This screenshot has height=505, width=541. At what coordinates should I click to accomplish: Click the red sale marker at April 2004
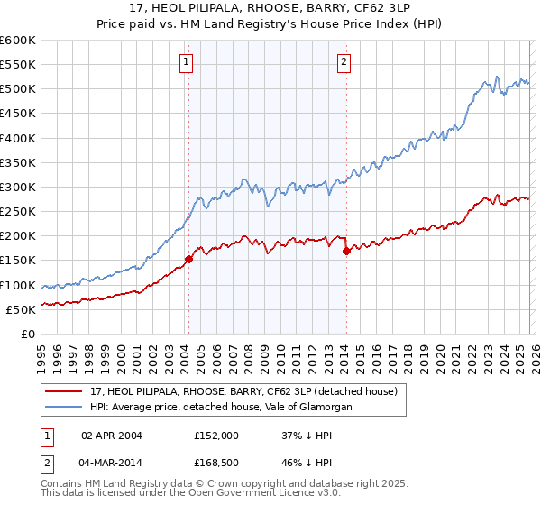point(188,259)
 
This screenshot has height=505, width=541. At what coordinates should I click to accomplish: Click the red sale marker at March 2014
point(346,252)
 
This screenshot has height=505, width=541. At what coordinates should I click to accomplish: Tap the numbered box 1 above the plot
point(185,62)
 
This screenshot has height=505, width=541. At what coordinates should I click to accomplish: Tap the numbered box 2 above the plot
point(344,62)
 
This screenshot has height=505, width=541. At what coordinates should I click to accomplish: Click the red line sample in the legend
point(64,391)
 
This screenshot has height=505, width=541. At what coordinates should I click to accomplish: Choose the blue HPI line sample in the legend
point(64,407)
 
